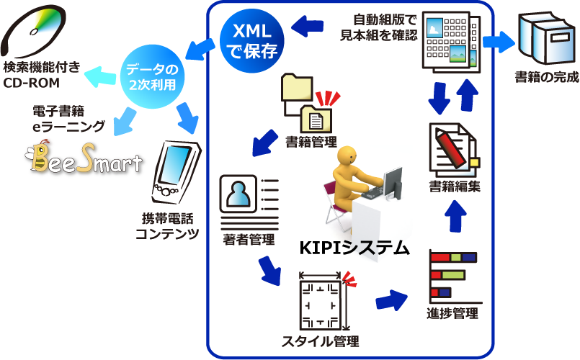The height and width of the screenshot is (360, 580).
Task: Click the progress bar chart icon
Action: [452, 275]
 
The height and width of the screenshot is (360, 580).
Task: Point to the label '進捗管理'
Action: [452, 314]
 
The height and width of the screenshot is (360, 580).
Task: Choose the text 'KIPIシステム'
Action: [353, 249]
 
